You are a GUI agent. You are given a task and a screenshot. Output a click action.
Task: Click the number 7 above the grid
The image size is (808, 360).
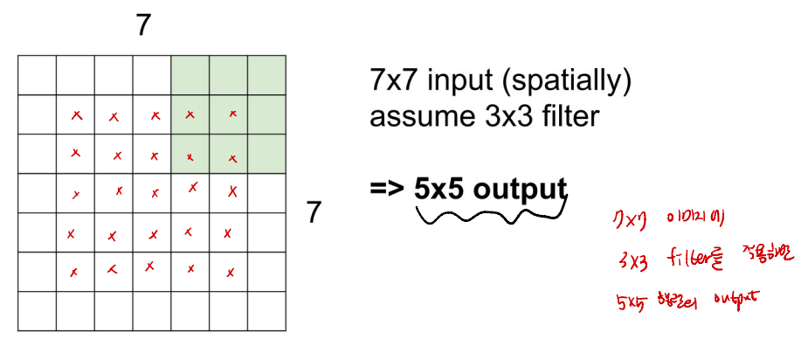point(143,26)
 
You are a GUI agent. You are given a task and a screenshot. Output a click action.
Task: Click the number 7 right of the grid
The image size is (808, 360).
point(316,211)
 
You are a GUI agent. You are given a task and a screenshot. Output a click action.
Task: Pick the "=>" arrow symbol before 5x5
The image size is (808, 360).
point(386,189)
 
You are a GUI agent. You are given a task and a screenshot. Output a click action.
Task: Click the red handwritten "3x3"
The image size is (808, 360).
point(631,260)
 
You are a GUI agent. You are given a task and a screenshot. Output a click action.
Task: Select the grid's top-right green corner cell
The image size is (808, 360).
point(266,75)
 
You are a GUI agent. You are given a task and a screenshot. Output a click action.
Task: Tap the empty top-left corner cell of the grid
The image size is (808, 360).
point(37,75)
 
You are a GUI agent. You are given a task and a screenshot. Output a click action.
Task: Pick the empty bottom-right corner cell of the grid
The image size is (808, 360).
point(266,311)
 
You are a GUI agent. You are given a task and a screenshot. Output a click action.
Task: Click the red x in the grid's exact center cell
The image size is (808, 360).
point(154,193)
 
